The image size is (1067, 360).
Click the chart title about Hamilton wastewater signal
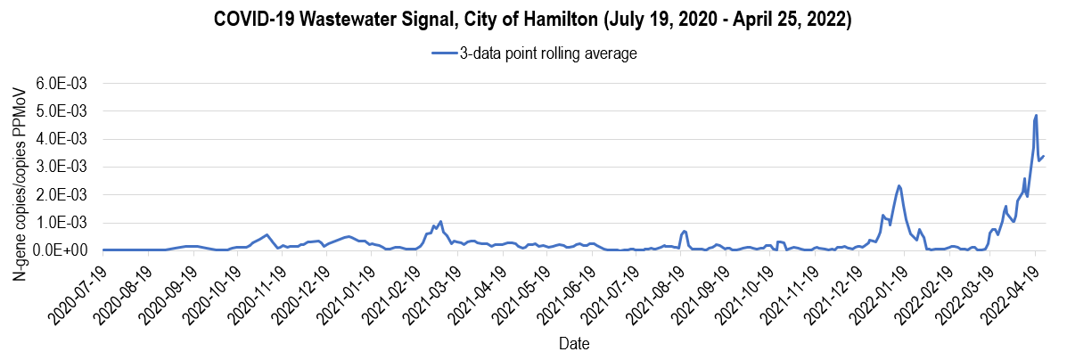pos(533,20)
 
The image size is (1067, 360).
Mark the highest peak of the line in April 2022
pos(1036,115)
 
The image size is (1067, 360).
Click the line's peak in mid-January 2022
pos(899,185)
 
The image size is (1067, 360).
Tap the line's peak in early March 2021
pos(440,221)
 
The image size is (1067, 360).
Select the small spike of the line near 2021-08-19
pos(684,231)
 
